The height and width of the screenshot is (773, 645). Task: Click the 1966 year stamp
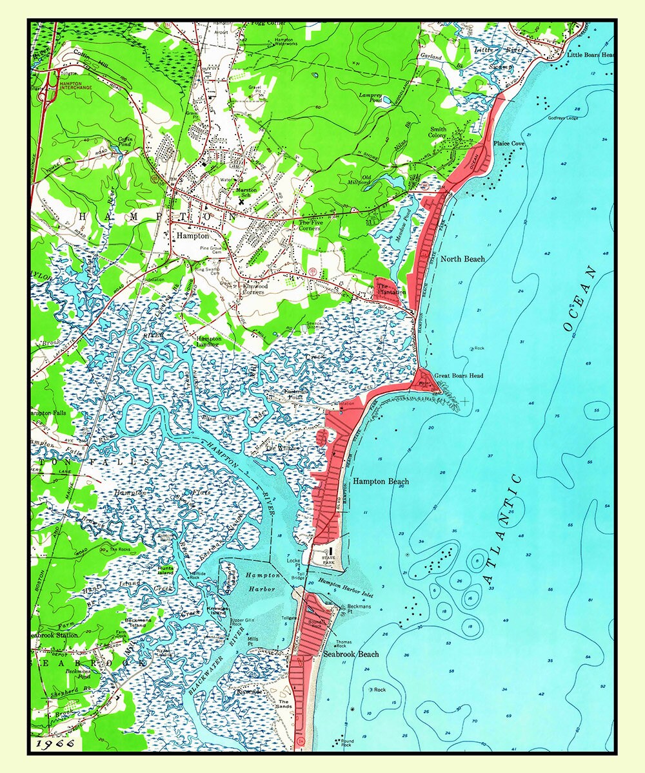(x=55, y=743)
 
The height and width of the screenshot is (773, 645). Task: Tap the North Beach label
(x=462, y=259)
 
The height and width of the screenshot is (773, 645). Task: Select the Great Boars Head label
(x=459, y=376)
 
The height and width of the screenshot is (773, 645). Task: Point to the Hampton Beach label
(x=381, y=481)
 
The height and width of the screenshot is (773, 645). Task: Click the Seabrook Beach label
(x=351, y=654)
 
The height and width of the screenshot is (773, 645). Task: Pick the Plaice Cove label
(x=509, y=143)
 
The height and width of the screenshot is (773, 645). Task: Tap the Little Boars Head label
(x=590, y=55)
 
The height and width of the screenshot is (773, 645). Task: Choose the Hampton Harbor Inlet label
(x=345, y=588)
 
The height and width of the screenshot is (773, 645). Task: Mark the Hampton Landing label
(x=209, y=341)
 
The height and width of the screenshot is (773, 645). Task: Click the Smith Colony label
(x=439, y=133)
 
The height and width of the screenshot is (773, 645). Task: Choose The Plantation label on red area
(x=392, y=289)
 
